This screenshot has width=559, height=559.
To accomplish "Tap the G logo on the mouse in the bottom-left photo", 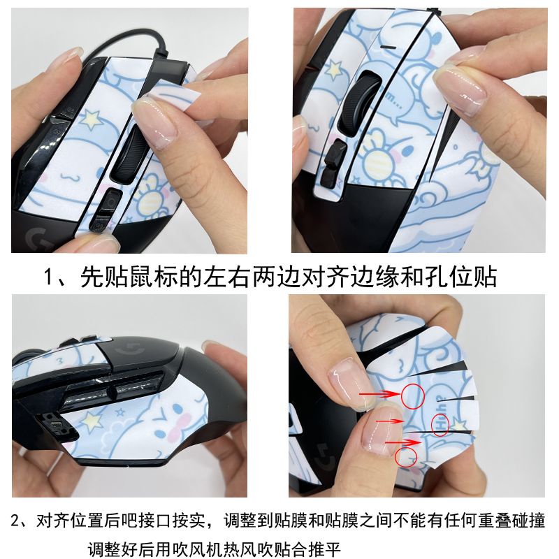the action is click(x=130, y=350).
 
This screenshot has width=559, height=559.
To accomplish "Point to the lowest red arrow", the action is click(x=403, y=443).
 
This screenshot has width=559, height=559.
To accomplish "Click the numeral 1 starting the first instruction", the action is click(x=49, y=277).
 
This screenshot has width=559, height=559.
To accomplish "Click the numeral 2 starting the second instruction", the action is click(x=15, y=521).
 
